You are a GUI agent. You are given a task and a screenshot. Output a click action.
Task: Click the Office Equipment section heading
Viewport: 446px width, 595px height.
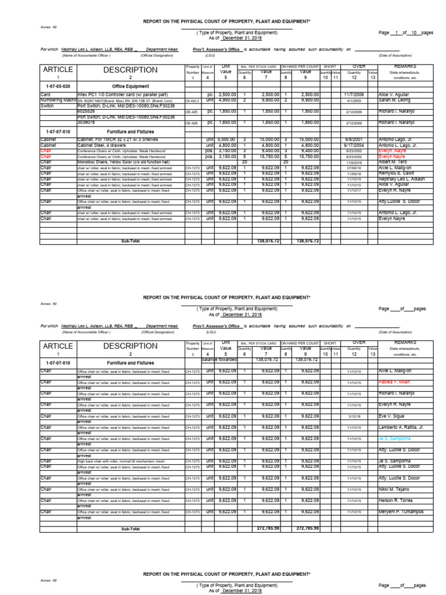coord(126,85)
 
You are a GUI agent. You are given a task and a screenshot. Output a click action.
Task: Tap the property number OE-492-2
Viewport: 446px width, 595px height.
coord(192,101)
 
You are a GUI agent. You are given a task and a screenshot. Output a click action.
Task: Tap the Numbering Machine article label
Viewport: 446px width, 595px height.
coord(57,100)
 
